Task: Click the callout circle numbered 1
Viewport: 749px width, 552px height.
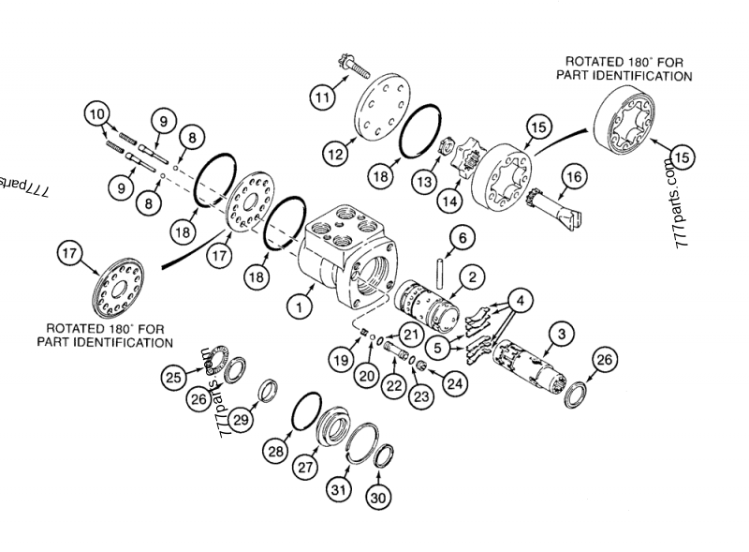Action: (300, 306)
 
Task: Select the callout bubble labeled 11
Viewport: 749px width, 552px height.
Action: (323, 96)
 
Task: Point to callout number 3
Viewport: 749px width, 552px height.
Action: (560, 332)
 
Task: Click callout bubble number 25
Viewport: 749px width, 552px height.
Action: (173, 377)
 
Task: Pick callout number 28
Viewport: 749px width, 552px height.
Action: (275, 452)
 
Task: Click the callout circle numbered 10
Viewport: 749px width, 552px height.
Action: (96, 114)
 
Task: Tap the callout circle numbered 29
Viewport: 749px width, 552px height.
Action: (241, 420)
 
